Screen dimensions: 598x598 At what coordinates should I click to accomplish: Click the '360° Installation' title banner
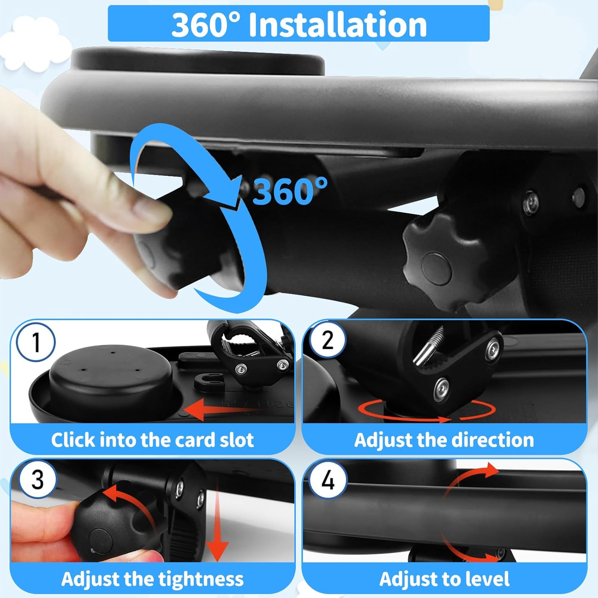pos(299,24)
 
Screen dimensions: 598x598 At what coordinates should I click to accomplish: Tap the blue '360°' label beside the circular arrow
pos(289,191)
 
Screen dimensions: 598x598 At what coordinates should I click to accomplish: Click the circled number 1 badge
pos(35,342)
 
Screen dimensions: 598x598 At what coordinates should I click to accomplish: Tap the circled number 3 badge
pos(37,479)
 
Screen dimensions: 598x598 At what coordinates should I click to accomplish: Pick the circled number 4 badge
pos(328,480)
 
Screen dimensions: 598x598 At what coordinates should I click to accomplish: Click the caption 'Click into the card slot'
pos(152,440)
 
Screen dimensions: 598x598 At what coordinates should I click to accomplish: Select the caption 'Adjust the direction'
pos(444,440)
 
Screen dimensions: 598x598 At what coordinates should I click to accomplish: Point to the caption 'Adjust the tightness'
pos(152,579)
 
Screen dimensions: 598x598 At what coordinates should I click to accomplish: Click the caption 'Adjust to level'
pos(444,579)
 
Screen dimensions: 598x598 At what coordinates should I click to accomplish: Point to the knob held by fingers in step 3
pos(104,526)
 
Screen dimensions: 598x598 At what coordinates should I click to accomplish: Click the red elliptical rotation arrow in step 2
pos(427,411)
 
